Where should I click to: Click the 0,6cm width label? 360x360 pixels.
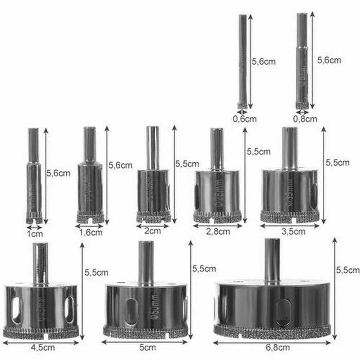(x=244, y=119)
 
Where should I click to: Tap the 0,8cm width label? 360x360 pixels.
(x=305, y=119)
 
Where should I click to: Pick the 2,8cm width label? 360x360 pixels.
(x=218, y=231)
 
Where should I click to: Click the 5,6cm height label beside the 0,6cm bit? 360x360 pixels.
(x=263, y=61)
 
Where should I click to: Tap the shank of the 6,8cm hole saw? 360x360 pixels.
(x=272, y=260)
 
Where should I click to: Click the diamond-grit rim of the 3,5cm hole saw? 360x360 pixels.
(x=289, y=217)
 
